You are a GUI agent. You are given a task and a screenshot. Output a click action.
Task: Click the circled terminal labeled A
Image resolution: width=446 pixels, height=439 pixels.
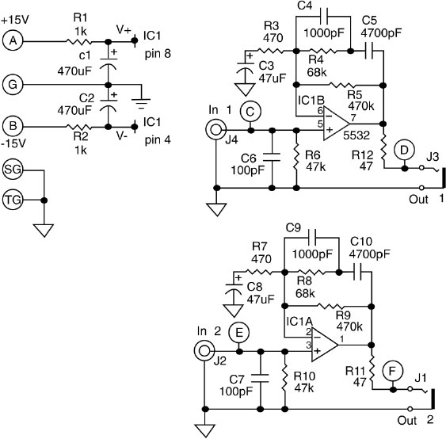pos(13,41)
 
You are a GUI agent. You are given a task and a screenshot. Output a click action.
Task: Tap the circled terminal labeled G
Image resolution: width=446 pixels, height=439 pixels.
pos(13,85)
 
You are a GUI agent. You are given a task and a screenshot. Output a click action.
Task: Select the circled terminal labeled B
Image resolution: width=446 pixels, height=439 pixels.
pos(13,126)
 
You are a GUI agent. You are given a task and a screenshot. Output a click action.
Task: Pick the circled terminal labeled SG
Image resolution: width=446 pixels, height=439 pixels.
pos(13,170)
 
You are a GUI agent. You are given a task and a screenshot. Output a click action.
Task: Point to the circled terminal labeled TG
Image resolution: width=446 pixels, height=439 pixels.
pos(13,200)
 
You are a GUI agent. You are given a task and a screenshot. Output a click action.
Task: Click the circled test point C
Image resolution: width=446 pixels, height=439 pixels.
pos(250,112)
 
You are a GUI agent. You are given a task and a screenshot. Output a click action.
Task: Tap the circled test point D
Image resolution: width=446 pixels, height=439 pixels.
pos(404,150)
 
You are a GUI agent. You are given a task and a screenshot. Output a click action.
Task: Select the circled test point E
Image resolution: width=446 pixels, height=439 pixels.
pos(239,333)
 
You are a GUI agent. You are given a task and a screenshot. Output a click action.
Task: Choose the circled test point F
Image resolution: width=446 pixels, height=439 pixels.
pos(392,371)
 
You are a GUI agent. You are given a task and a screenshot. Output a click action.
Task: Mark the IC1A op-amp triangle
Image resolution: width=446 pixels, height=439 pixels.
pos(323,345)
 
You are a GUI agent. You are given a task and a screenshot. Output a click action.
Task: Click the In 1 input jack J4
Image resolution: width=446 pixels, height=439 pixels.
pos(215,130)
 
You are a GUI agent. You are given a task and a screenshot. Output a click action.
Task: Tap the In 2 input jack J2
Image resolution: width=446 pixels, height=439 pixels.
pos(204,351)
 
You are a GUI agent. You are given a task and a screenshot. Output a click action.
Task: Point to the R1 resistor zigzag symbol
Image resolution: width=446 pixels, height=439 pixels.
pos(79,41)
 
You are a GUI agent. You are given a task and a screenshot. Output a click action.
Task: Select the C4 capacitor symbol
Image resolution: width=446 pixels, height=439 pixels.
pos(324,16)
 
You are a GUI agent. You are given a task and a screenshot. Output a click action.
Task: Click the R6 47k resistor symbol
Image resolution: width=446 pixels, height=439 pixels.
pos(296,157)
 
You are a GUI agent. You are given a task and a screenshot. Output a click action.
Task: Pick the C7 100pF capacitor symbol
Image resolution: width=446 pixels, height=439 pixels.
pos(261,378)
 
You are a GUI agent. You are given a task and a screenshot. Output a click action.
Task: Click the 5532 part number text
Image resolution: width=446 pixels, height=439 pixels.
pos(356,136)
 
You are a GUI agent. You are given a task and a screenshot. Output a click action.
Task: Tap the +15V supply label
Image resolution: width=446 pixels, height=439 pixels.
pos(15,20)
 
